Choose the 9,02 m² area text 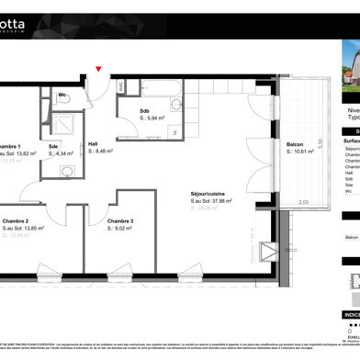click(125, 230)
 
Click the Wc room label click(63, 94)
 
